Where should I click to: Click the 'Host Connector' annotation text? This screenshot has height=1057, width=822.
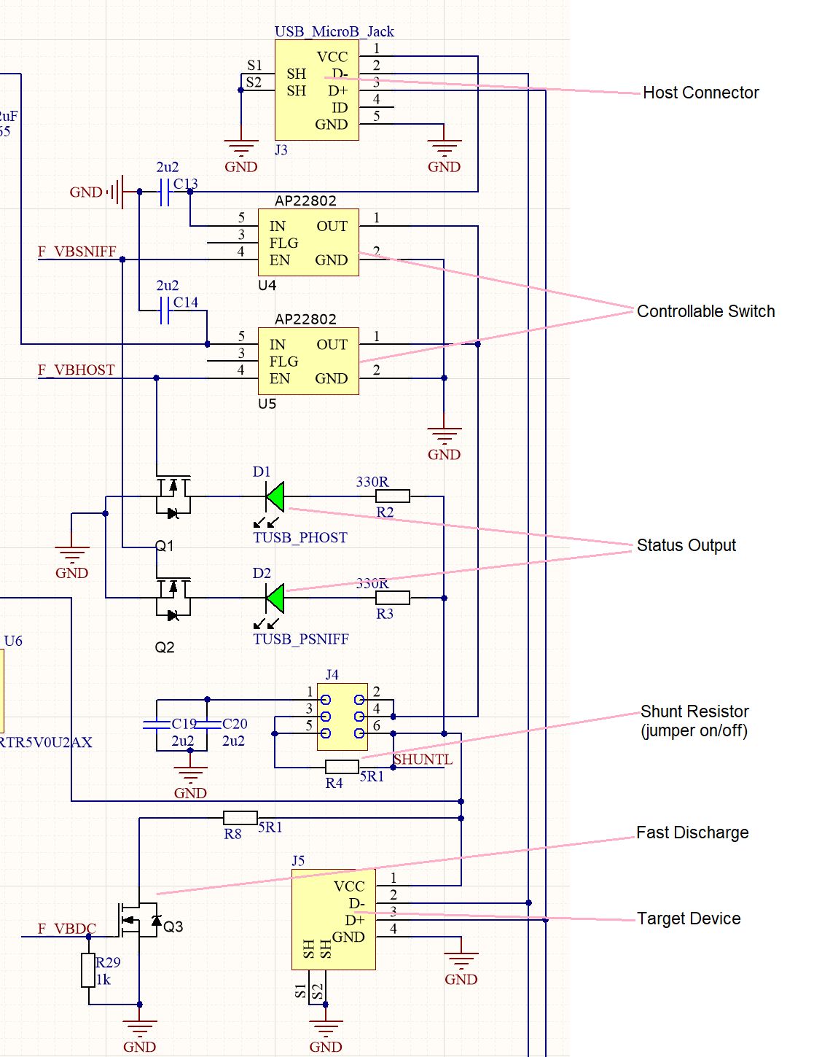[x=700, y=93]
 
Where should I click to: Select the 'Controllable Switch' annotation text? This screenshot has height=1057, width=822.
[x=705, y=311]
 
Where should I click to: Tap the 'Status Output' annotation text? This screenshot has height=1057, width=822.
[x=686, y=545]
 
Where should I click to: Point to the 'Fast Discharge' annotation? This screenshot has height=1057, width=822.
[x=692, y=832]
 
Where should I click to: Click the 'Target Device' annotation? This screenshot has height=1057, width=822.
[x=689, y=918]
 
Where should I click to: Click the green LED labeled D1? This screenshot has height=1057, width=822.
[x=275, y=496]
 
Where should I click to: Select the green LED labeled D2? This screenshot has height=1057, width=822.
[x=275, y=598]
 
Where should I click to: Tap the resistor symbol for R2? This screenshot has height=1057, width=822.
[x=393, y=496]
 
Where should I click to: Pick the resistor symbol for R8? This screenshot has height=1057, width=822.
[x=240, y=818]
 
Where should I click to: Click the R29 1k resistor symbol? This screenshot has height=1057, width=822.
[x=88, y=970]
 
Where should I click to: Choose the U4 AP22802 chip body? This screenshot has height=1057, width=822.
[x=308, y=242]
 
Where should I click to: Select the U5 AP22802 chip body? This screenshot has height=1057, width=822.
[x=308, y=361]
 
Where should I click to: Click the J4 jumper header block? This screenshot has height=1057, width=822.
[x=342, y=717]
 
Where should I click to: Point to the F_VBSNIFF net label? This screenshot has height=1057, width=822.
[x=77, y=251]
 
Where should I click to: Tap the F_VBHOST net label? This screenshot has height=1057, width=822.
[x=77, y=370]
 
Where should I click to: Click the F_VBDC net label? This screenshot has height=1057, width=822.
[x=67, y=929]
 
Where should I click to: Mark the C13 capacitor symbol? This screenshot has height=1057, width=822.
[x=165, y=192]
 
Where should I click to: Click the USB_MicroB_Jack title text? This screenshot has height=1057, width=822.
[x=334, y=31]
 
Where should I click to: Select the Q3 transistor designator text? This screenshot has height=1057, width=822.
[x=173, y=927]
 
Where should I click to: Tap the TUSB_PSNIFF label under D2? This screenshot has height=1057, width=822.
[x=301, y=639]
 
